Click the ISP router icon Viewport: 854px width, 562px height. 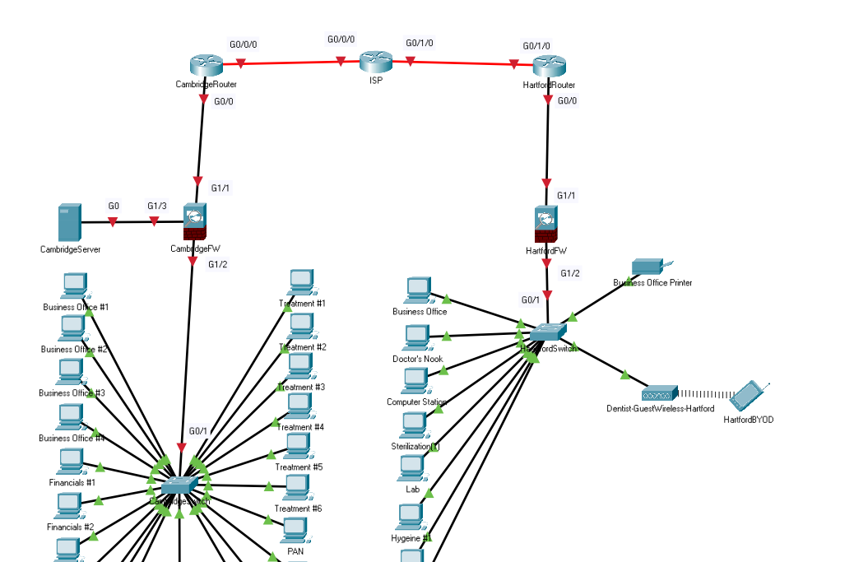coord(375,62)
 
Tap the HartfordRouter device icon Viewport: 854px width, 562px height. coord(549,67)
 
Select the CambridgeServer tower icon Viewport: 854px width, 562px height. coord(69,223)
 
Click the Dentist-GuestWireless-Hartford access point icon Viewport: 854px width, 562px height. coord(660,393)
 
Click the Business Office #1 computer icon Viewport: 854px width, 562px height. coord(75,286)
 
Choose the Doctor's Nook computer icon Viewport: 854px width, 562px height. coord(416,338)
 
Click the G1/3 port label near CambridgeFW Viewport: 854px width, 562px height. coord(157,206)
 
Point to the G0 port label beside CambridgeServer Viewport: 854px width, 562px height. coord(114,206)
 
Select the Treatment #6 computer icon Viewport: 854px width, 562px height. coord(297,488)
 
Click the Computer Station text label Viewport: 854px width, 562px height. coord(416,402)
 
